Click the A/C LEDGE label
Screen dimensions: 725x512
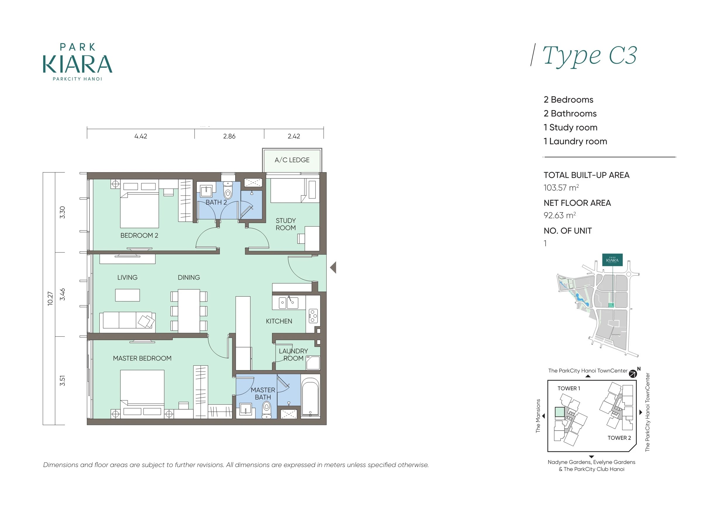292,160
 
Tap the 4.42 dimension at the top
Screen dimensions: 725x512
141,136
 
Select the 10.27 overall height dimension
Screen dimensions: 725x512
50,298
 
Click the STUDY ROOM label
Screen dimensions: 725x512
286,224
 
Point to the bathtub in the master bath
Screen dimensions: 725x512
310,396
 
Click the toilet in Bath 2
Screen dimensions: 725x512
228,190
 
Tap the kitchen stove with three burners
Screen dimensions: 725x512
313,316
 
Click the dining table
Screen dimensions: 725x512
189,311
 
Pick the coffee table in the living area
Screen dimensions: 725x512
127,295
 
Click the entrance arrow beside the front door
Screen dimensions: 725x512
333,267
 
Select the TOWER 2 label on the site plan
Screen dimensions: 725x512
619,438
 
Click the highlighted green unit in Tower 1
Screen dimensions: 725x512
560,412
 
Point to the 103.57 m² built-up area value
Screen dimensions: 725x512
561,188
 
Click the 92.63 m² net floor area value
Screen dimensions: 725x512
560,215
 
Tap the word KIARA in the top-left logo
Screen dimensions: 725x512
78,64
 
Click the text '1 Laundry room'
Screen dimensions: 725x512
575,141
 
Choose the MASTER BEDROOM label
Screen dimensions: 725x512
142,358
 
